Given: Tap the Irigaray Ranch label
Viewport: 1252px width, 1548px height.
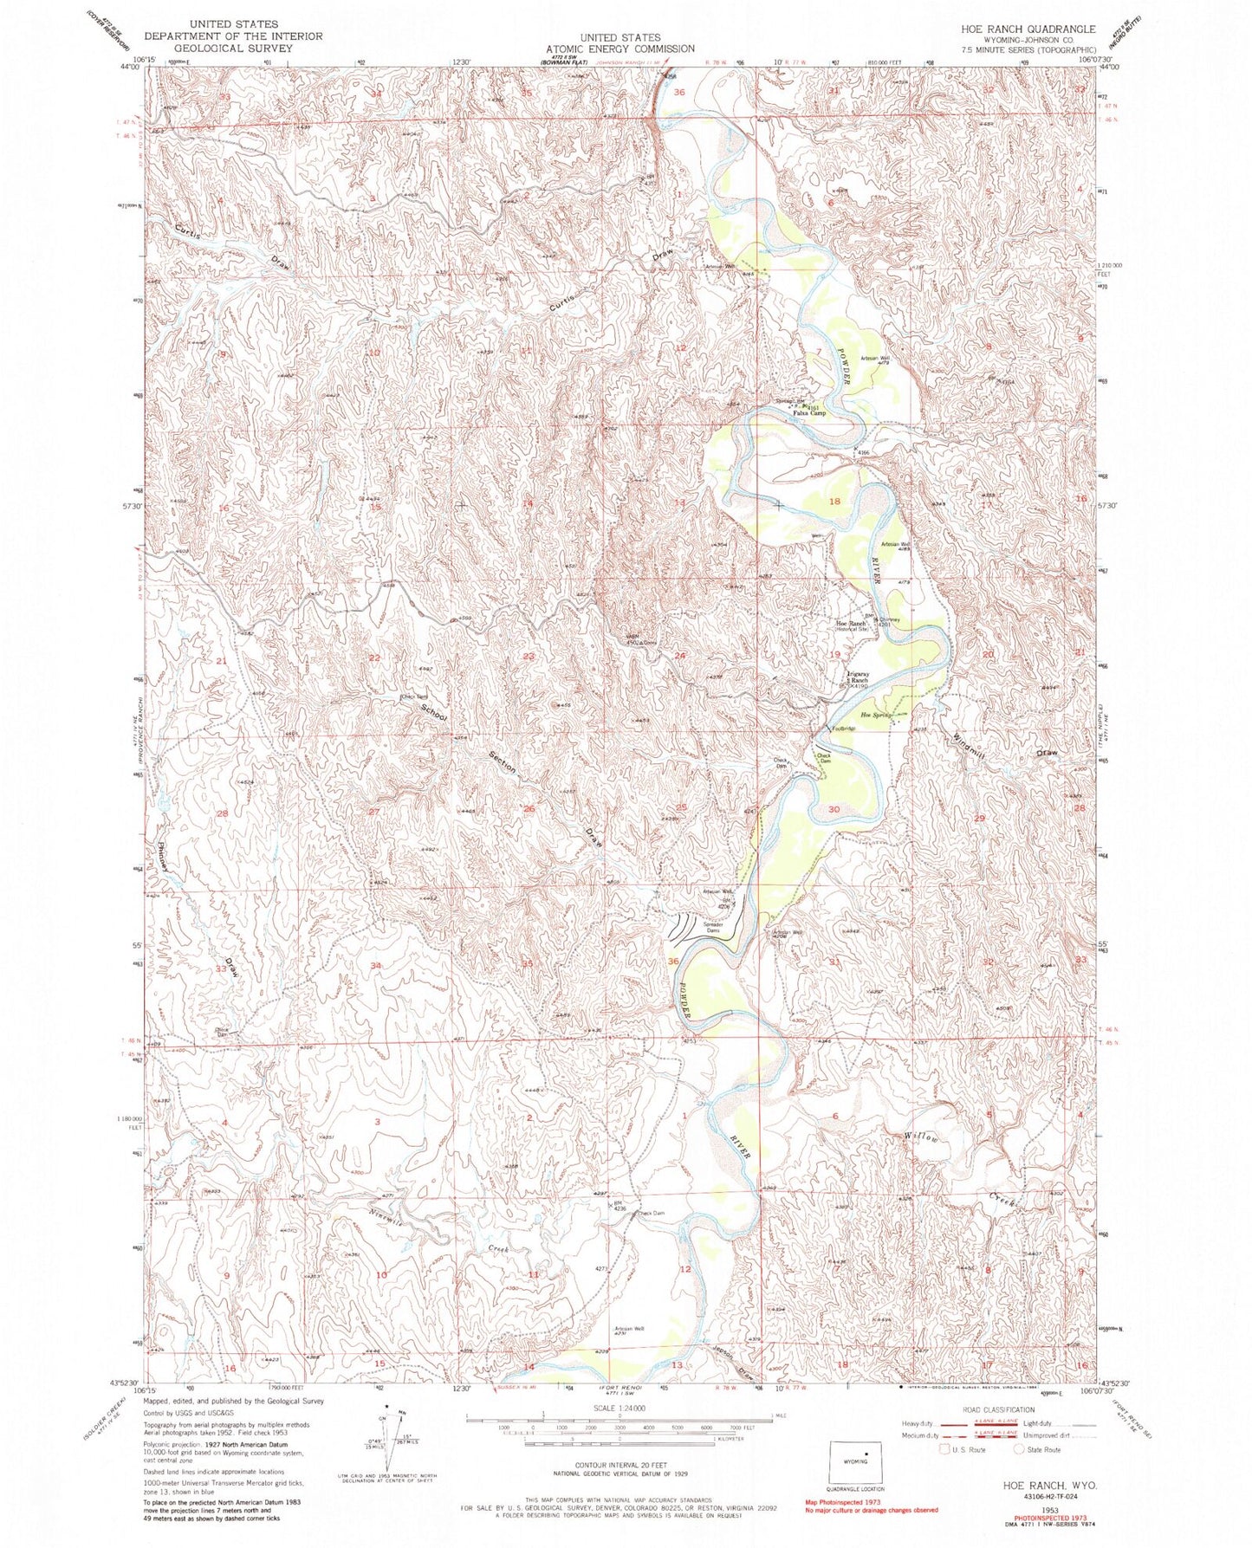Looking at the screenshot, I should [857, 677].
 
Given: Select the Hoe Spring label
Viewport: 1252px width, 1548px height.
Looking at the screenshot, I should [876, 715].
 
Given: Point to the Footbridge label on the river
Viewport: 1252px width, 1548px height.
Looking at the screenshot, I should [844, 729].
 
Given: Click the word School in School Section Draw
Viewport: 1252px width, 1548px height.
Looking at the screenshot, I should [433, 713].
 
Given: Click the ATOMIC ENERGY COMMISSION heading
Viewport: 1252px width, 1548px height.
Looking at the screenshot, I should [620, 49].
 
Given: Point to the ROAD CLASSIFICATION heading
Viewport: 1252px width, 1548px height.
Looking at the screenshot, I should [996, 1409].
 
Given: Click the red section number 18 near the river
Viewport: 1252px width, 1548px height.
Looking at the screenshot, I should [835, 502].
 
